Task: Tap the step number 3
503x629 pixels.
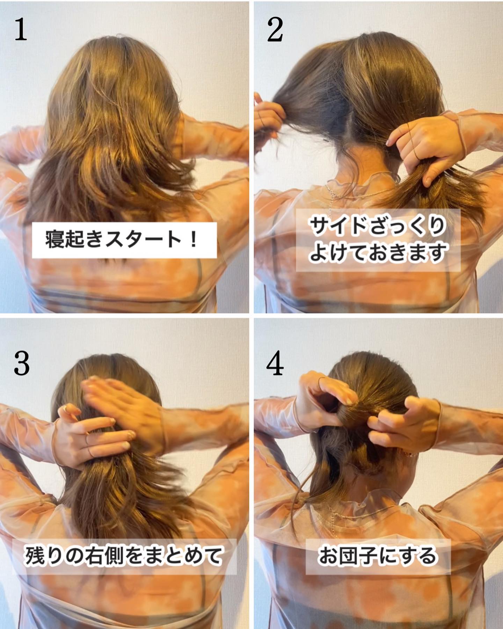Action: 21,363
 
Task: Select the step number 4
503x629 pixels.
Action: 275,363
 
